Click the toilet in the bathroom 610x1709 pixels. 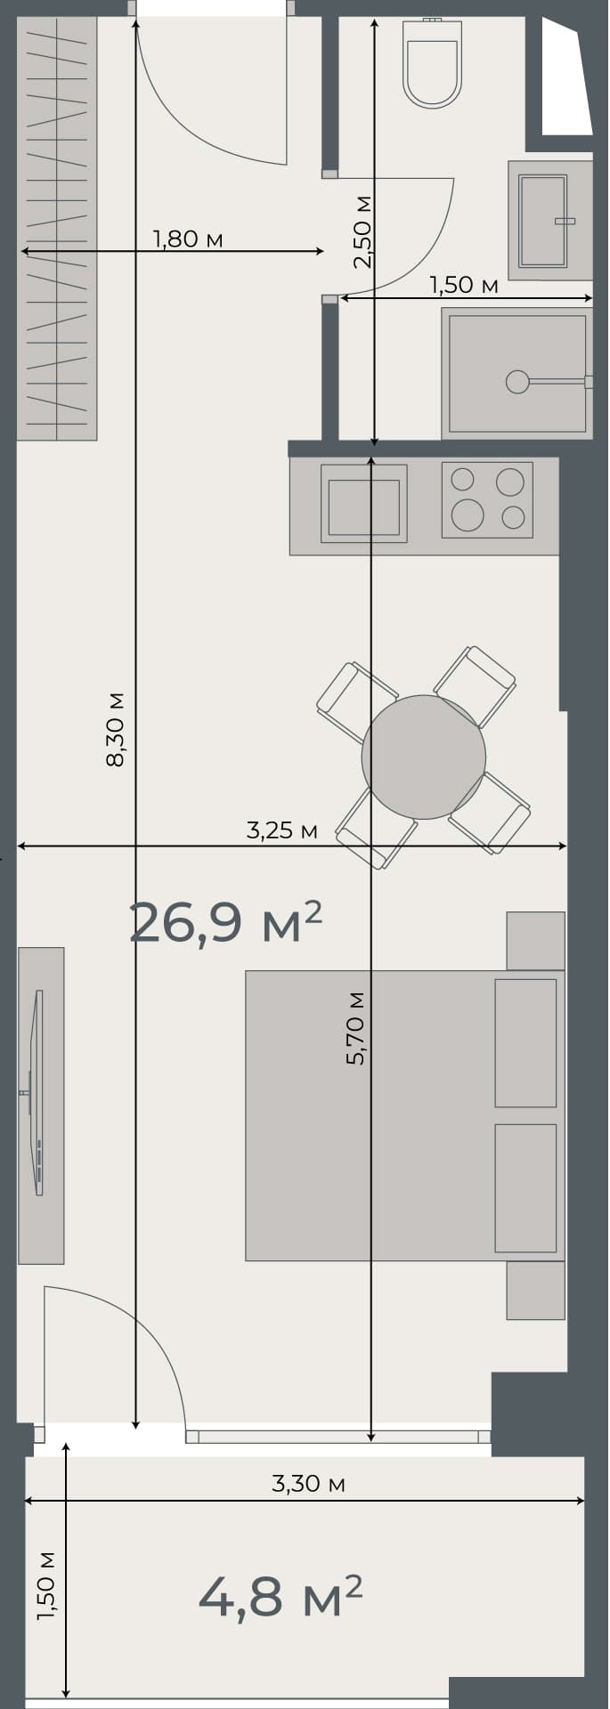pyautogui.click(x=433, y=64)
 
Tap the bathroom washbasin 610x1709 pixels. pyautogui.click(x=542, y=221)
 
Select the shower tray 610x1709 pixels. pyautogui.click(x=517, y=374)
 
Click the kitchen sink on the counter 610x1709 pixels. pyautogui.click(x=363, y=505)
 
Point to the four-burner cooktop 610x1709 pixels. pyautogui.click(x=487, y=499)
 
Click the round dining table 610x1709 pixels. pyautogui.click(x=424, y=757)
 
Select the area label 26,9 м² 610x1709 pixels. pyautogui.click(x=224, y=922)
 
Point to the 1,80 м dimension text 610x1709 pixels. pyautogui.click(x=187, y=239)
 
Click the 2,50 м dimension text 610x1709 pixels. pyautogui.click(x=362, y=231)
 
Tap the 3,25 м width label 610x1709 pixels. pyautogui.click(x=281, y=830)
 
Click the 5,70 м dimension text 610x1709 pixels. pyautogui.click(x=356, y=1027)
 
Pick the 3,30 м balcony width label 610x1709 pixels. pyautogui.click(x=308, y=1484)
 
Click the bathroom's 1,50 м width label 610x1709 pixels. pyautogui.click(x=463, y=286)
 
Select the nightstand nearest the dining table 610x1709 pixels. pyautogui.click(x=535, y=940)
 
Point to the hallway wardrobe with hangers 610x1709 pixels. pyautogui.click(x=57, y=228)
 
